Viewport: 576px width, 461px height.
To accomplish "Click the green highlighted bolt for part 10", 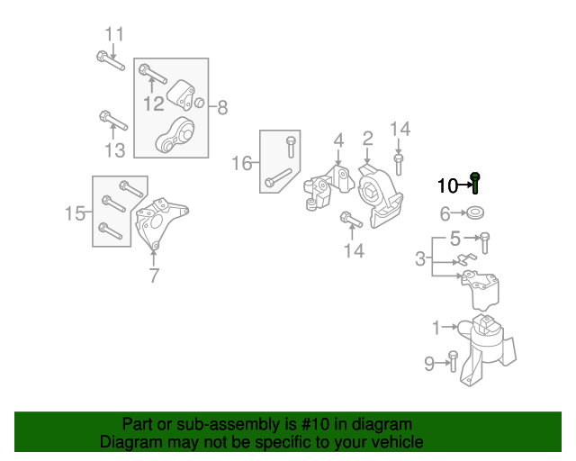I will (x=475, y=184).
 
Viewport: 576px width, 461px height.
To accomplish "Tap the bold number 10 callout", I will (x=447, y=186).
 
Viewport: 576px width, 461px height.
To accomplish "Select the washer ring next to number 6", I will (x=473, y=214).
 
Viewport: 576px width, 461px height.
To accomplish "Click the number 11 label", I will (x=113, y=35).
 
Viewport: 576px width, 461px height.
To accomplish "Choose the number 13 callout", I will (x=114, y=149).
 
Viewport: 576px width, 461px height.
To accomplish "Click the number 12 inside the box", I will (x=154, y=104).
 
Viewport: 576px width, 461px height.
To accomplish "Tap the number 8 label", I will (x=222, y=109).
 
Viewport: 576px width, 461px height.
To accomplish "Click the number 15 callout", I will (x=76, y=213).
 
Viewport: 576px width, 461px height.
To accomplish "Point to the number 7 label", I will (x=154, y=276).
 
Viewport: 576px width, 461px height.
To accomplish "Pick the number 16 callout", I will (x=241, y=163).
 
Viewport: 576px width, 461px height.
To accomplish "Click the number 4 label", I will (x=339, y=140).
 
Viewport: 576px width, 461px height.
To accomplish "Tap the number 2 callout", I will (x=367, y=138).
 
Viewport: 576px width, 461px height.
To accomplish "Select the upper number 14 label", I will (x=400, y=130).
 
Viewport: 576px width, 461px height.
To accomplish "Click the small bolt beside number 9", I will (x=453, y=363).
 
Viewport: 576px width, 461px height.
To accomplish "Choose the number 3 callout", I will (x=420, y=259).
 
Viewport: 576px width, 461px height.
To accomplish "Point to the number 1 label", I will (x=436, y=328).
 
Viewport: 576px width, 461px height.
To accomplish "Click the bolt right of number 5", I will (x=485, y=240).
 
